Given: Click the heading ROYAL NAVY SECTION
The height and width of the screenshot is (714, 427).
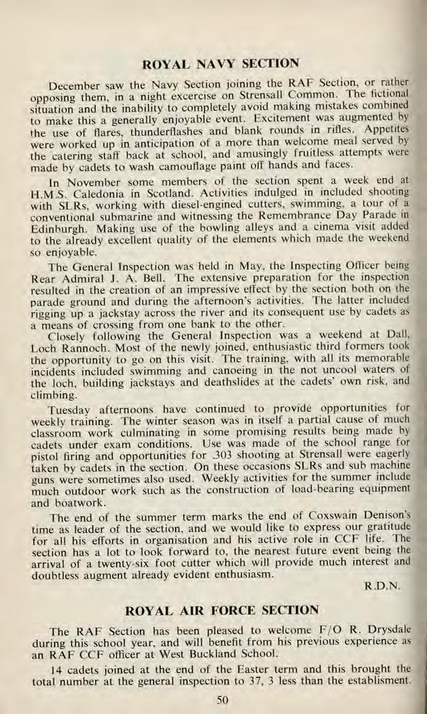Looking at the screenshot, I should pyautogui.click(x=219, y=62).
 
